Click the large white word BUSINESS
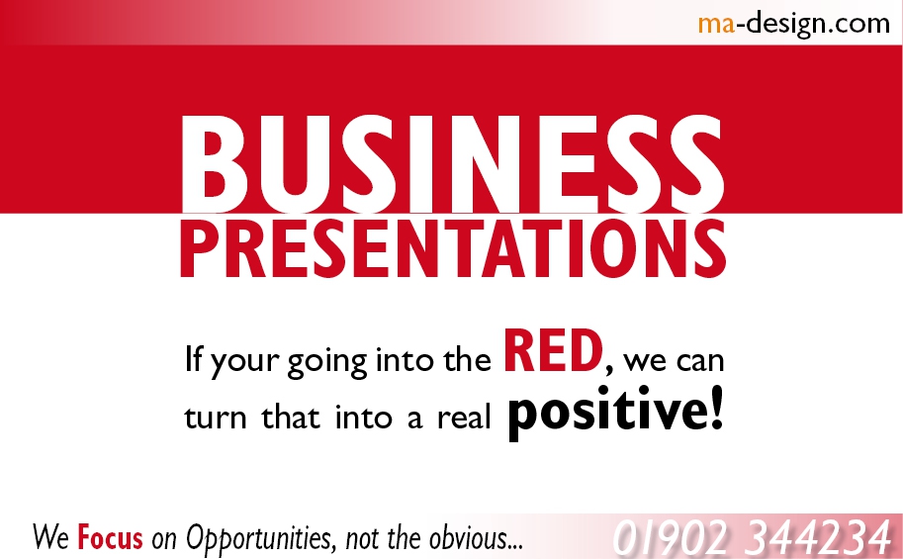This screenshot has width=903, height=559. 453,163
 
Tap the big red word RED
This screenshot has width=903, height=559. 554,351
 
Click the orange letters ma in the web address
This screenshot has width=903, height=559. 716,24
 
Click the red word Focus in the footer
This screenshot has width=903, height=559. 110,537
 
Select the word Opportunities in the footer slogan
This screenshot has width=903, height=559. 260,538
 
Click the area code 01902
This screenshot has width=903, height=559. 673,538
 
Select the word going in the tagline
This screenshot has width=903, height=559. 327,362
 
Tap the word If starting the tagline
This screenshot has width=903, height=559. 194,358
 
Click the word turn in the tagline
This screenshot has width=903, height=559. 215,417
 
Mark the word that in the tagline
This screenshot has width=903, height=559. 291,416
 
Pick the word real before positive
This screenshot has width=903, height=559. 464,416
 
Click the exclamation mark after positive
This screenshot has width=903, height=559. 717,408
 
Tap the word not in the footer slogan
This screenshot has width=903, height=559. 362,539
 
